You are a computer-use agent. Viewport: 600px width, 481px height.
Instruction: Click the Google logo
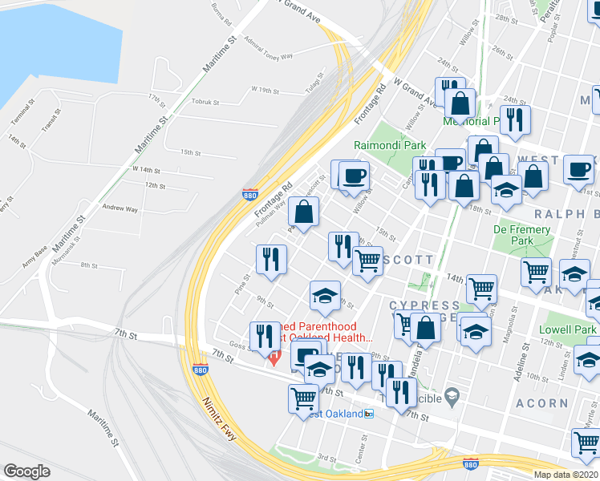coord(26,471)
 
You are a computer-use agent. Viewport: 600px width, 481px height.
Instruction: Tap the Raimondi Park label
coord(385,146)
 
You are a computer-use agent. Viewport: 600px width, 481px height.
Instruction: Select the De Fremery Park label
coord(521,235)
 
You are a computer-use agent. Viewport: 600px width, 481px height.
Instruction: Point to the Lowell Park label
coord(567,329)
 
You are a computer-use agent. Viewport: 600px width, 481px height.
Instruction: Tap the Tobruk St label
coord(211,102)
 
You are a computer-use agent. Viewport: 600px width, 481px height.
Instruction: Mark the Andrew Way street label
coord(120,208)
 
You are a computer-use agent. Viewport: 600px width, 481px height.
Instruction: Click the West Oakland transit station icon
coord(368,414)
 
